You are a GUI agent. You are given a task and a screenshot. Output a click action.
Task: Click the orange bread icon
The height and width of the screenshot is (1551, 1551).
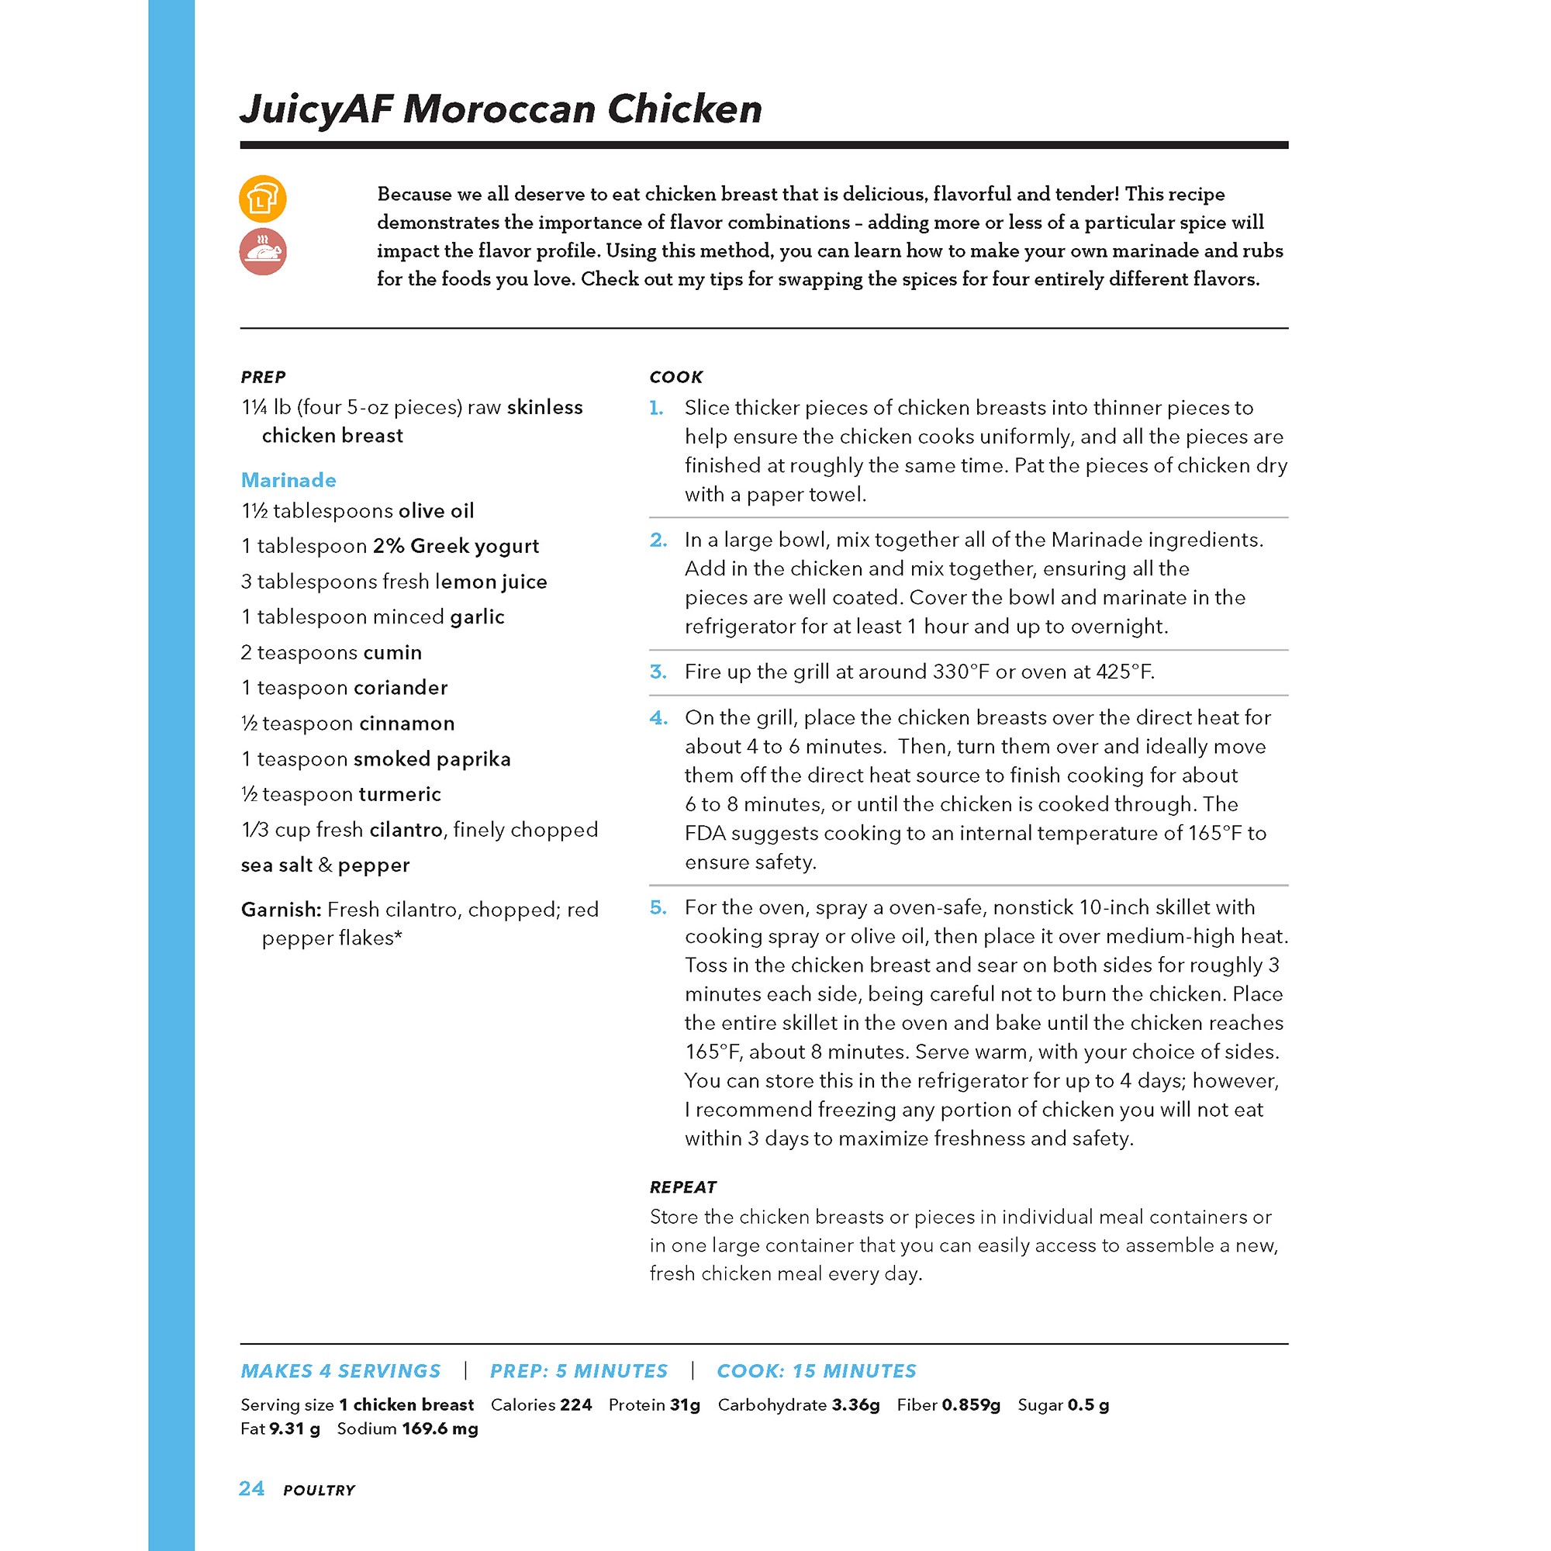263,199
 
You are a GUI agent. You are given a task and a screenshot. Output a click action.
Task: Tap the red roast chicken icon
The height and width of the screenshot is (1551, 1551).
263,251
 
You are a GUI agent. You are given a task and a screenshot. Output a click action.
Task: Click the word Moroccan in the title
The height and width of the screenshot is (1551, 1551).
499,109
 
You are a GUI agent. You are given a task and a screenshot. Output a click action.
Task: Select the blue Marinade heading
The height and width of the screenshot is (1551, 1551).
288,480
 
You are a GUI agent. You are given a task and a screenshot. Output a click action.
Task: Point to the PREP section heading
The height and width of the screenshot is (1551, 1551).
264,378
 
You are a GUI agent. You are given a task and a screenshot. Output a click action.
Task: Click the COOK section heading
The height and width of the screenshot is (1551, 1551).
676,378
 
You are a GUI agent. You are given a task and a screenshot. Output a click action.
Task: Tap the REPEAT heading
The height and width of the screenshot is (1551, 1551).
682,1187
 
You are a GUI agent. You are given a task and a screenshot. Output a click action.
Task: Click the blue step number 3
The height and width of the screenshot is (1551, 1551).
658,672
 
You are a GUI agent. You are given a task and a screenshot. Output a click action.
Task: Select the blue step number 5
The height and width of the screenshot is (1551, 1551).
658,907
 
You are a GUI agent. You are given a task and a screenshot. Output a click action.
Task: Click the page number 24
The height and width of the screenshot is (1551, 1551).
251,1488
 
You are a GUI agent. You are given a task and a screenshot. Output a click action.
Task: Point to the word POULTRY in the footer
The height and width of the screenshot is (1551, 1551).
319,1490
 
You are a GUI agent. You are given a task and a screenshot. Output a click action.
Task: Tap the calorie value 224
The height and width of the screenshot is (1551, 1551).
575,1405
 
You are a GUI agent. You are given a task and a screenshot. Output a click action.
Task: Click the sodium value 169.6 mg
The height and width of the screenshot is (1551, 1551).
440,1429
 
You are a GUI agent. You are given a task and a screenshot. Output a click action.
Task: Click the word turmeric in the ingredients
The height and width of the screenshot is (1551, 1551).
400,795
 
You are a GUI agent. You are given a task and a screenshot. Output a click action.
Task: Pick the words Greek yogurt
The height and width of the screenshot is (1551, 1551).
475,547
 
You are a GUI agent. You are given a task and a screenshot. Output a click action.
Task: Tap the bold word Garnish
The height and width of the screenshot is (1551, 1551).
281,910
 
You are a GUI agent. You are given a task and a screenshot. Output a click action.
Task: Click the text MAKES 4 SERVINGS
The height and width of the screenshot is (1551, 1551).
340,1371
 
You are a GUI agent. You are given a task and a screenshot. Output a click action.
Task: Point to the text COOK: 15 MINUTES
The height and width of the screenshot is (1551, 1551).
817,1371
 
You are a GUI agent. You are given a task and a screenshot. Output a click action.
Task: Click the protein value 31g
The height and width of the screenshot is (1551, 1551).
685,1405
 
